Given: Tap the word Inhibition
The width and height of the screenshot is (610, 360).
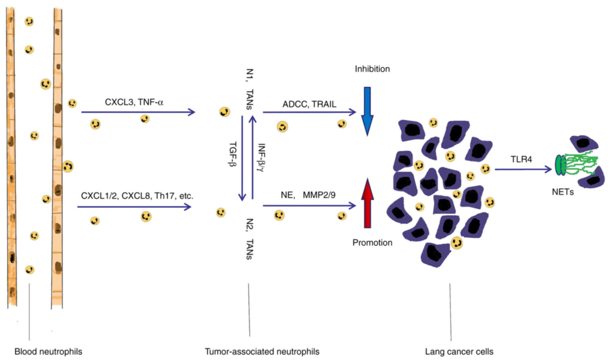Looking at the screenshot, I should click(372, 69).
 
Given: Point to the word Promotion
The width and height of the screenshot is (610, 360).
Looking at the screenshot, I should click(372, 243).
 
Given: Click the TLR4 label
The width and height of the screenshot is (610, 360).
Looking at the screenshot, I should click(521, 159).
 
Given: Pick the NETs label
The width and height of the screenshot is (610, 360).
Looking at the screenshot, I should click(563, 192).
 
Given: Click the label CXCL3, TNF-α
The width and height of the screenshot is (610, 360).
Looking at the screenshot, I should click(134, 102).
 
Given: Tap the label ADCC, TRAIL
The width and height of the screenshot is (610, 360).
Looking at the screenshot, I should click(309, 104).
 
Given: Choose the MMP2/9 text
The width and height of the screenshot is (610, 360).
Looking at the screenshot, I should click(319, 195).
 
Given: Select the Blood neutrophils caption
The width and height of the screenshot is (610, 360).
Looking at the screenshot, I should click(48, 352).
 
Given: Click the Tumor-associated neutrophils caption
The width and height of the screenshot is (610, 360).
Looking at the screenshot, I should click(262, 352).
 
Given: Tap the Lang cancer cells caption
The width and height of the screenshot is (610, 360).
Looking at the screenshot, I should click(459, 352).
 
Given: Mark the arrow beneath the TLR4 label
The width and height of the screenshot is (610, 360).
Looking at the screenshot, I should click(523, 170).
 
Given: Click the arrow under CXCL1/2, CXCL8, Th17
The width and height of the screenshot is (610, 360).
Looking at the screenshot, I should click(134, 207).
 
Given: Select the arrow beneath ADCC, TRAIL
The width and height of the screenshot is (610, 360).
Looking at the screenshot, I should click(309, 112).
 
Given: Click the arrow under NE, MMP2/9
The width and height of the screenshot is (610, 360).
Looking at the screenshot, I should click(309, 206).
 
